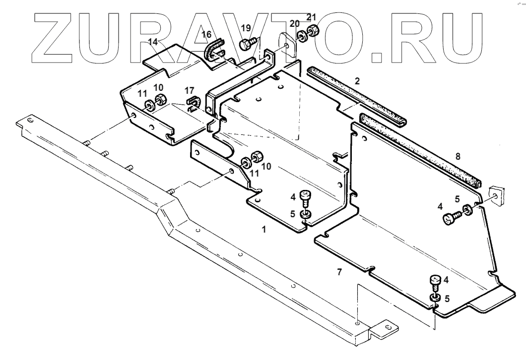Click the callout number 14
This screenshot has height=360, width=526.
point(154,43)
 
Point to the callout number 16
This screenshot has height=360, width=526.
point(206,34)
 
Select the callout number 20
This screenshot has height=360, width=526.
point(294,24)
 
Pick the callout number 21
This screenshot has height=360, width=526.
point(311,18)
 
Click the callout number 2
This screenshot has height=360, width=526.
point(356,80)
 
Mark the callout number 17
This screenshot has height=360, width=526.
point(189,91)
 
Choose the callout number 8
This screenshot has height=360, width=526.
point(458,156)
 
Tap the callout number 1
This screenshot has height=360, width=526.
point(264,230)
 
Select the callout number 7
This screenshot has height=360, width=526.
point(339,271)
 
